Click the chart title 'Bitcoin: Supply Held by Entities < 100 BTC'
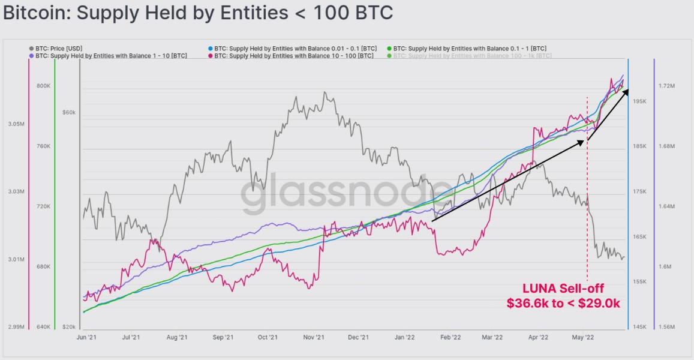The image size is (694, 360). [198, 13]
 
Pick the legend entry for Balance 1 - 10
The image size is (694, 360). [108, 56]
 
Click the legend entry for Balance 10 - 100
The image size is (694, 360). [290, 56]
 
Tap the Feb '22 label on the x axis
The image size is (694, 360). [450, 338]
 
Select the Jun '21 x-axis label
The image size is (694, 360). [86, 338]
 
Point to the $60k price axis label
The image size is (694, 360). [68, 112]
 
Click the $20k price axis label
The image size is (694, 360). [68, 327]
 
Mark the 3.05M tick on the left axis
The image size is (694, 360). [16, 124]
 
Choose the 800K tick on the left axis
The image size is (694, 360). [43, 86]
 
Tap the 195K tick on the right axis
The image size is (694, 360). [639, 101]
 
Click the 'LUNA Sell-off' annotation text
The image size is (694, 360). [563, 289]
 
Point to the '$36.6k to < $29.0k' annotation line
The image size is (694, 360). [563, 304]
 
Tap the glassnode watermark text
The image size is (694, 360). [345, 194]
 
